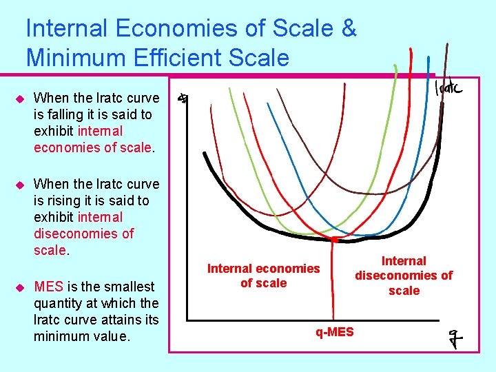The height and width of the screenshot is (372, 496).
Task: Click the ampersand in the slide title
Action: point(349,29)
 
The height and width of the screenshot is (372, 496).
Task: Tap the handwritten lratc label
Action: point(448,88)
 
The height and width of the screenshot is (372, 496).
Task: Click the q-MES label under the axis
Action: point(335,332)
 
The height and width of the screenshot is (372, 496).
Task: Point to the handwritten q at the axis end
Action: point(453,339)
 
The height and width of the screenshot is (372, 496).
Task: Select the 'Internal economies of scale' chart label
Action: point(264,276)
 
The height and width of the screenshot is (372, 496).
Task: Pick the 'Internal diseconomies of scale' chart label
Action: point(404,276)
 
